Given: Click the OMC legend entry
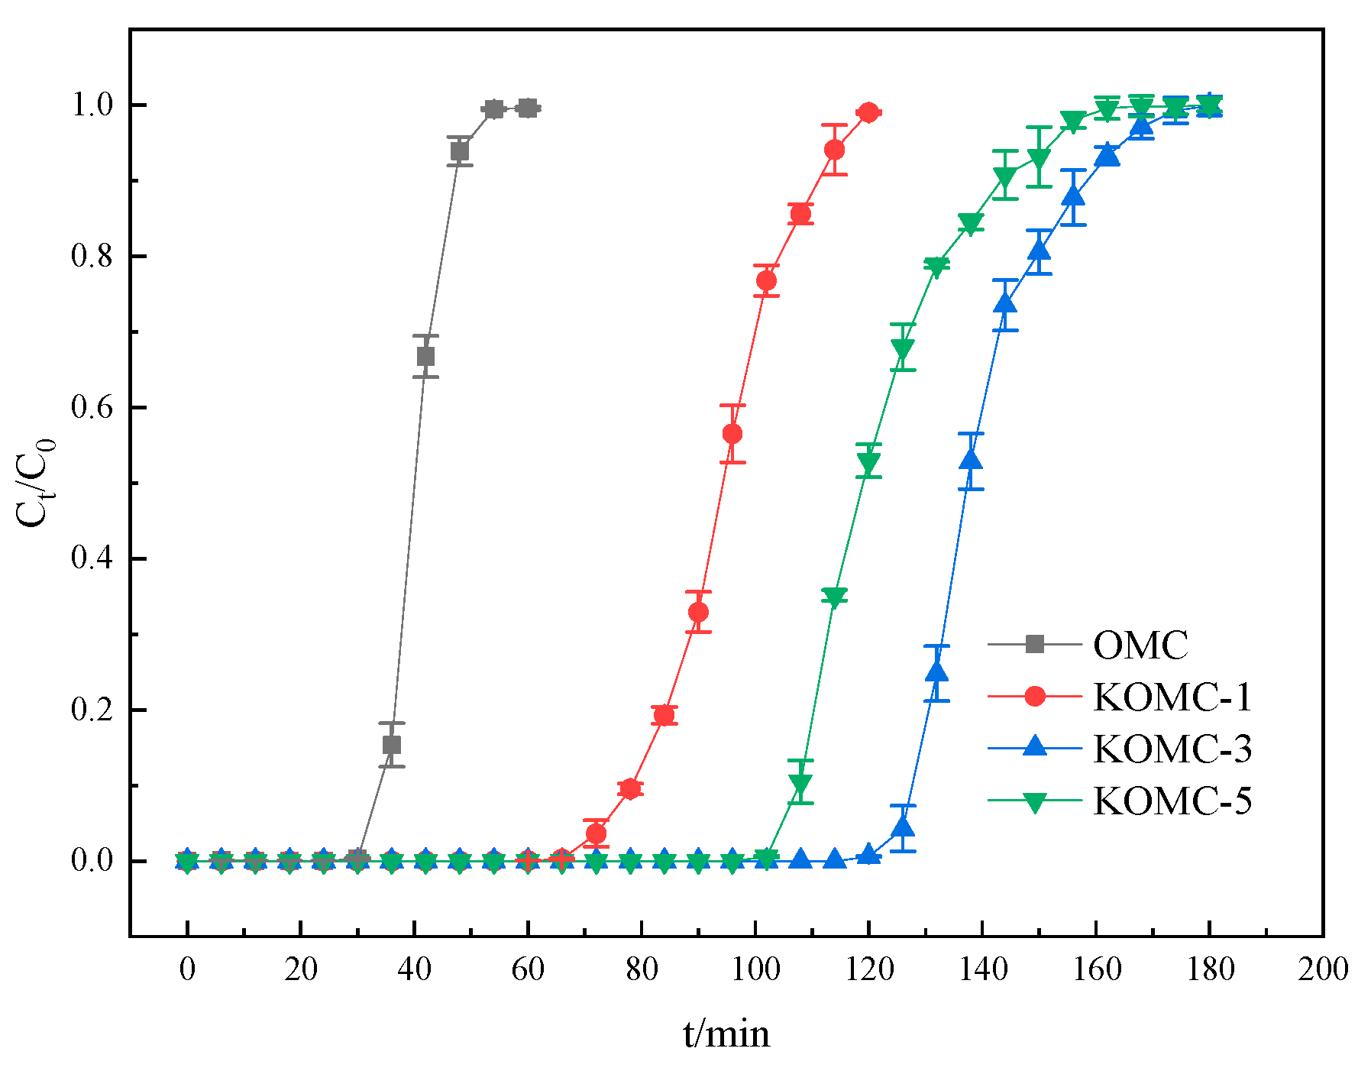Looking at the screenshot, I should (x=1140, y=645).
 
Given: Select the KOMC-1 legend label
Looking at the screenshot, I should (x=1172, y=697).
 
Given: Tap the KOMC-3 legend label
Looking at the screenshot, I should (x=1172, y=749).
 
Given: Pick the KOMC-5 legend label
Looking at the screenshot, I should (x=1172, y=801).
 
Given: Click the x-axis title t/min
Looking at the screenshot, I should (x=726, y=1034).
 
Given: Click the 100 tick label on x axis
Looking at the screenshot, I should (x=755, y=969).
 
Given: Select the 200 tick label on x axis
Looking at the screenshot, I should (x=1322, y=969).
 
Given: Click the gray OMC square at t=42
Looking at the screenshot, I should (x=425, y=357).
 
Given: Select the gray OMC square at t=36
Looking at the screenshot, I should (x=392, y=745).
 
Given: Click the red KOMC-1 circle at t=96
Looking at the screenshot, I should (x=732, y=434).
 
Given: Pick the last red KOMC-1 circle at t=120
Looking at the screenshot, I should (x=868, y=112).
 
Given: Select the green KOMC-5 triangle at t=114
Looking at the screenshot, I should (x=834, y=597).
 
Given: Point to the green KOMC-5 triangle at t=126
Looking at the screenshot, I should (x=902, y=349).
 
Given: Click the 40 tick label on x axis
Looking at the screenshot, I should (x=414, y=969).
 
